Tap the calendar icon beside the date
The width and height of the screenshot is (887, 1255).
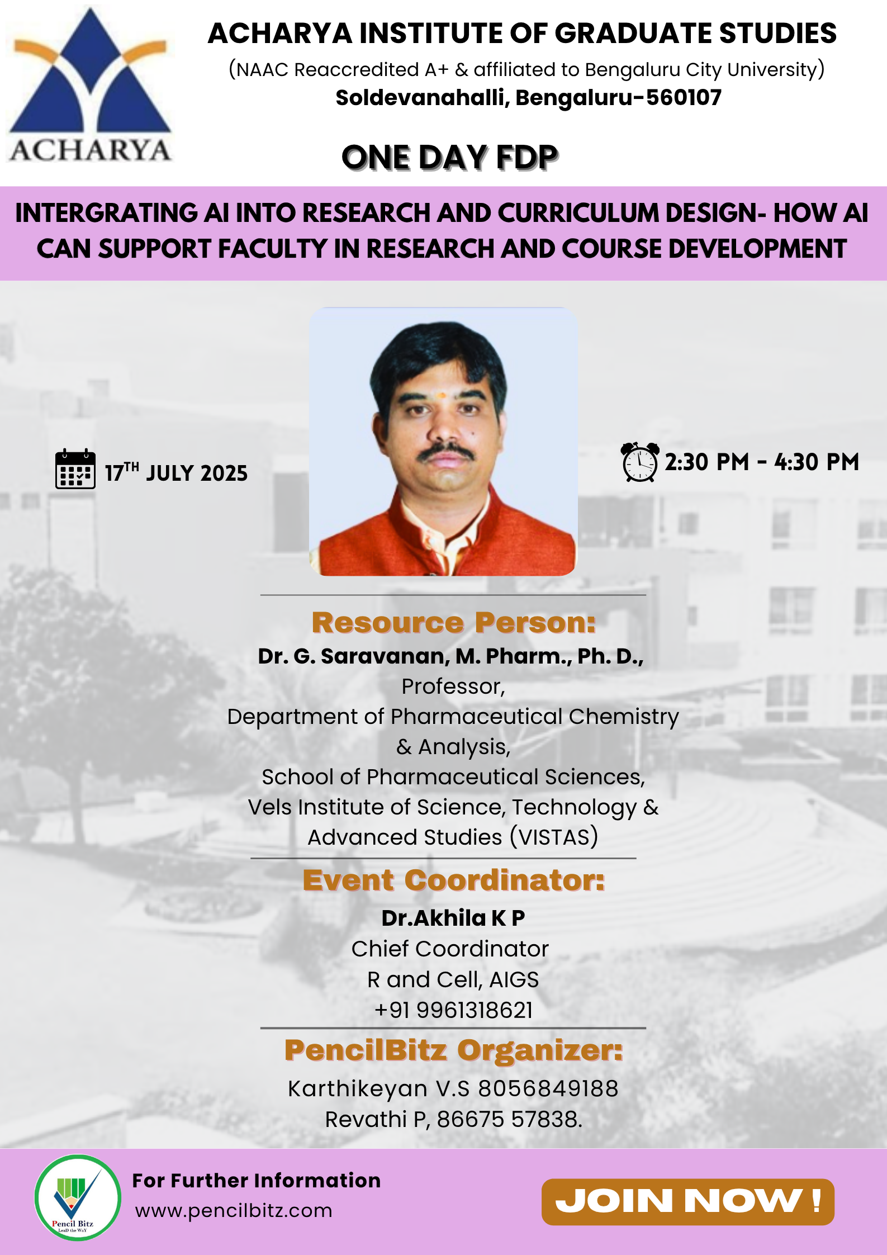point(75,469)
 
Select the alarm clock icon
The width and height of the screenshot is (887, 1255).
point(640,462)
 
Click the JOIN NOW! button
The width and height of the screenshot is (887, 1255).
point(687,1201)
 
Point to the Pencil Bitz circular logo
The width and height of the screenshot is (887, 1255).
point(78,1198)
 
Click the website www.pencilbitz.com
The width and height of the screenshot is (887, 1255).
point(234,1211)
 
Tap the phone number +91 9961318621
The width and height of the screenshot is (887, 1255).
point(453,1010)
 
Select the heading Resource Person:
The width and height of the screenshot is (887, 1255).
point(453,623)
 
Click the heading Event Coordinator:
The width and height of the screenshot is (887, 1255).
point(453,880)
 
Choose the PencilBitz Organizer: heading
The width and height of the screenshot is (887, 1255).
point(453,1050)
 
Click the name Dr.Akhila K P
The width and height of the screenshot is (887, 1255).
point(453,918)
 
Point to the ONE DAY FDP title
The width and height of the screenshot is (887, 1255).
point(449,157)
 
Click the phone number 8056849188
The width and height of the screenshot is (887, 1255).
point(548,1088)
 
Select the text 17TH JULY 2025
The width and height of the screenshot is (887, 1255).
point(176,473)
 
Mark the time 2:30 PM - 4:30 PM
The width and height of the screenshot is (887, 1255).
point(761,462)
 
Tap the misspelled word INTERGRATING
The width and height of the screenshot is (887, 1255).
point(106,213)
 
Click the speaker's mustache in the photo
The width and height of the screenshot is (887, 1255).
point(445,451)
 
